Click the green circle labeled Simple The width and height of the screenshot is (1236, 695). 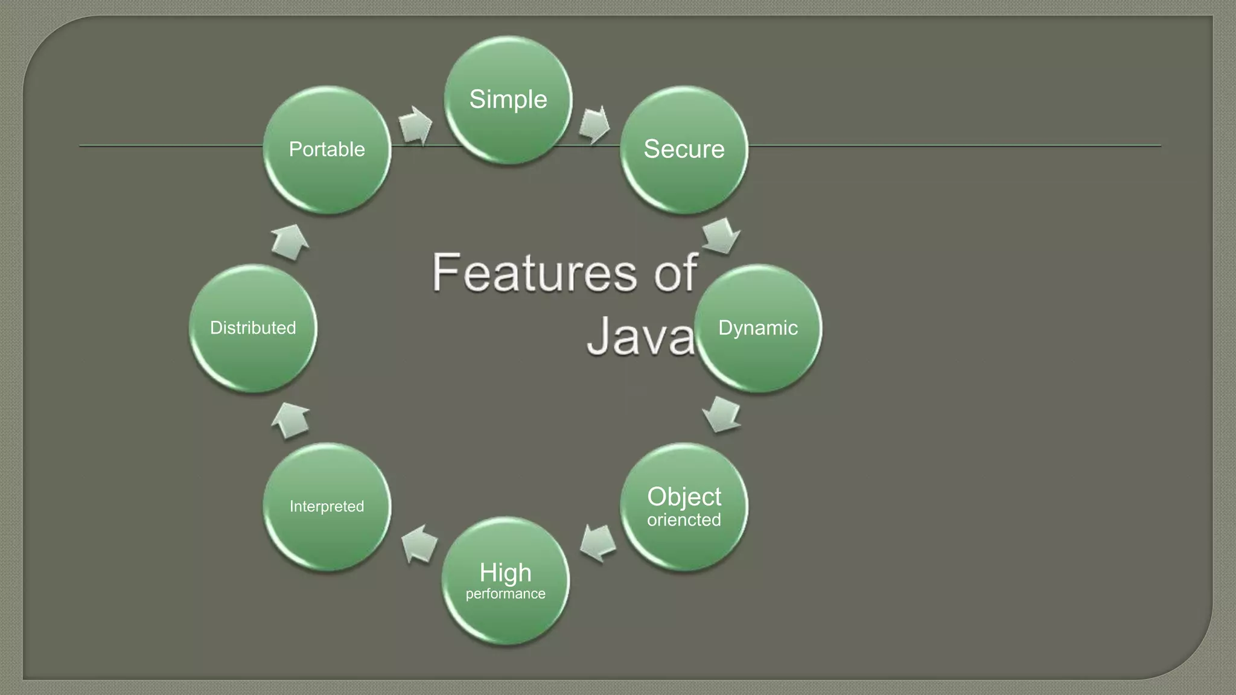pyautogui.click(x=508, y=100)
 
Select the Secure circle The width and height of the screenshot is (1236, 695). pyautogui.click(x=684, y=149)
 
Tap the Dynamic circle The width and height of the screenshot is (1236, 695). pyautogui.click(x=758, y=328)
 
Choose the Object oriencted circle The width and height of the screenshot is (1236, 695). pyautogui.click(x=684, y=506)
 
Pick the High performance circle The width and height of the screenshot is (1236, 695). pyautogui.click(x=506, y=580)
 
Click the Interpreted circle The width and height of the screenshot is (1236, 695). pyautogui.click(x=327, y=506)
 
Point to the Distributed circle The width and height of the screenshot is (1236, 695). pyautogui.click(x=253, y=328)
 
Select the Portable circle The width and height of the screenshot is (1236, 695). pyautogui.click(x=327, y=149)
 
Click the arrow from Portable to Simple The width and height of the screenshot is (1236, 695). pyautogui.click(x=415, y=125)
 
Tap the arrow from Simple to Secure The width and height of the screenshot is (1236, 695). pyautogui.click(x=594, y=125)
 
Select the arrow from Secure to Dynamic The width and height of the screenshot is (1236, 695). pyautogui.click(x=721, y=236)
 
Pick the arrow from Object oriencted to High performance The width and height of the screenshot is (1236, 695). pyautogui.click(x=597, y=542)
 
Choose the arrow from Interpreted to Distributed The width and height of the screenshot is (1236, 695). pyautogui.click(x=290, y=419)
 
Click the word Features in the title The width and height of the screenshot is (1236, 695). pyautogui.click(x=535, y=273)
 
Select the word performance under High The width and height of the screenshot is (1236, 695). pyautogui.click(x=506, y=594)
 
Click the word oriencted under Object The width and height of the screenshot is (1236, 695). pyautogui.click(x=684, y=519)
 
